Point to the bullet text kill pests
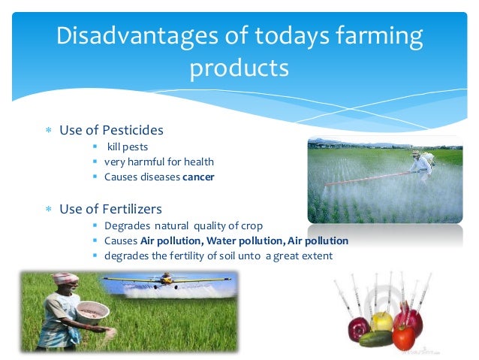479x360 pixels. coord(127,147)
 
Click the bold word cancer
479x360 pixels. coord(198,177)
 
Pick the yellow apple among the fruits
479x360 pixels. coord(384,321)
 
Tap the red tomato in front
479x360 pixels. coord(403,335)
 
